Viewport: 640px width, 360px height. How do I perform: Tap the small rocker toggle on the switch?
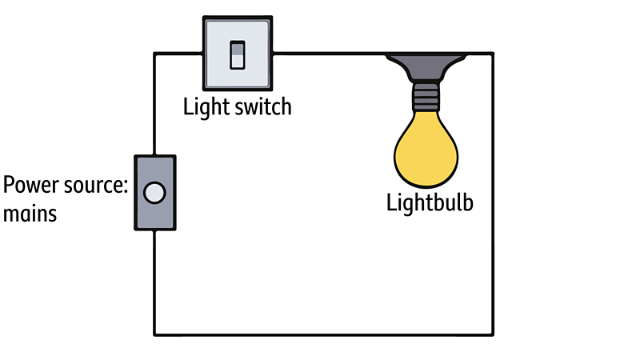238,54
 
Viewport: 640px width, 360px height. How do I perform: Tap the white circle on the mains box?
154,193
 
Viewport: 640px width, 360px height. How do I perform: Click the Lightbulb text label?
430,202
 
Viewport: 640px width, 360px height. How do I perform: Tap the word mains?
30,214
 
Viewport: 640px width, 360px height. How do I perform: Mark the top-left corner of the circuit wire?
154,54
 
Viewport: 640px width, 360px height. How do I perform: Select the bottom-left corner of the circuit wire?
154,334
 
